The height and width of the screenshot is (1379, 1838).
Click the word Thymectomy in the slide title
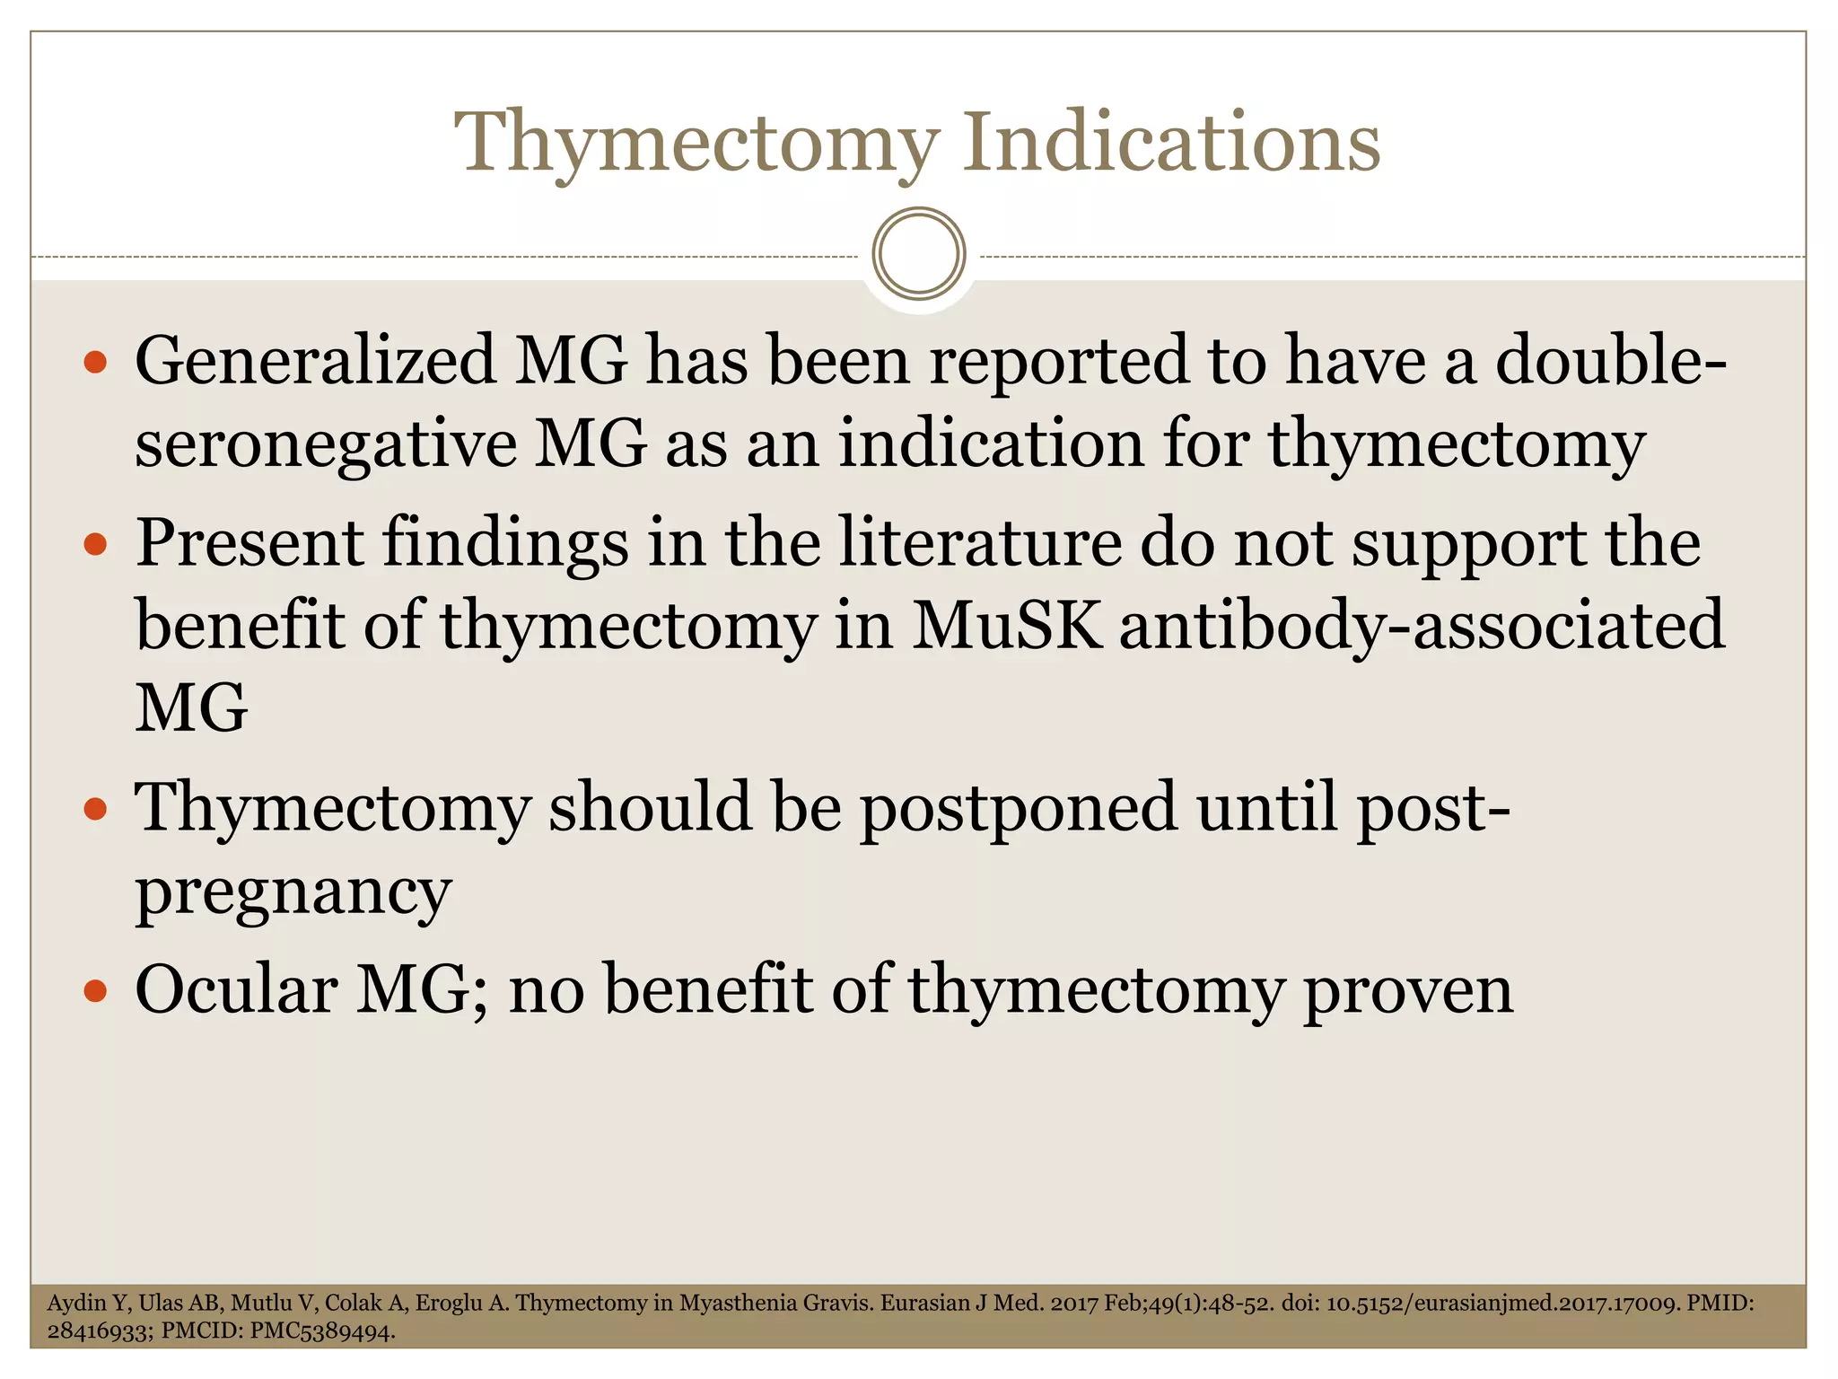(x=696, y=144)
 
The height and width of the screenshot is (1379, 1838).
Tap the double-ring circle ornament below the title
(x=918, y=253)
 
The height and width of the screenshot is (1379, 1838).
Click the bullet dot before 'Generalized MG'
(x=95, y=363)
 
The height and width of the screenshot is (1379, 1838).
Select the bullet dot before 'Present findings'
(x=95, y=545)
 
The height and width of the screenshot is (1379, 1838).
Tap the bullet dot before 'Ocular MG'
(x=95, y=991)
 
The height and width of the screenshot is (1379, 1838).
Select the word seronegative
(x=326, y=445)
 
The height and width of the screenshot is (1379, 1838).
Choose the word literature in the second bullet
(x=979, y=544)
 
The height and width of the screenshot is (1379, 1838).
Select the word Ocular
(x=236, y=990)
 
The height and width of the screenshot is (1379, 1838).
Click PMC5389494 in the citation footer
(x=322, y=1331)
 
